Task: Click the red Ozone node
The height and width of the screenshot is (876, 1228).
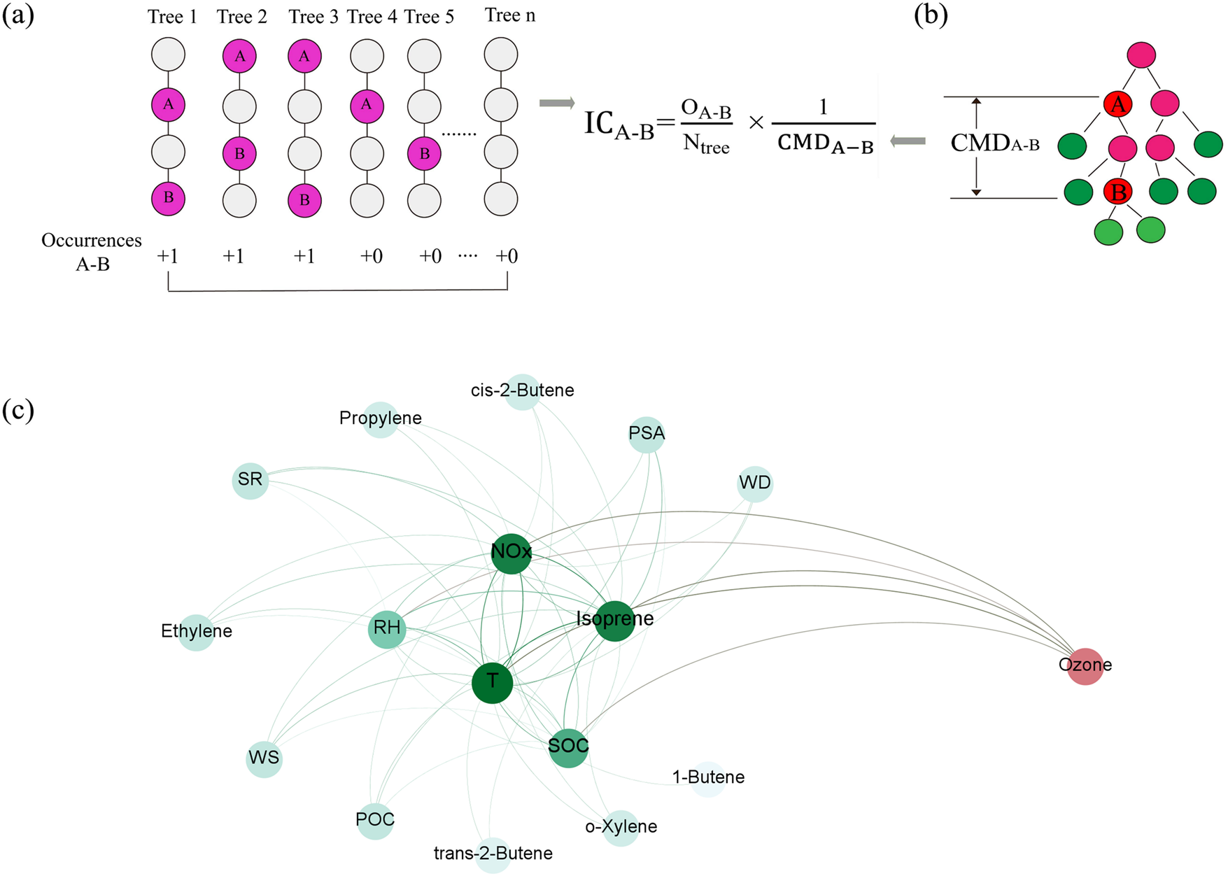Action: (x=1085, y=665)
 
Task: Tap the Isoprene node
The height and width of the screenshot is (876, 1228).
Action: (x=614, y=620)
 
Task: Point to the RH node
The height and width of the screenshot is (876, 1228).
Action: (x=387, y=628)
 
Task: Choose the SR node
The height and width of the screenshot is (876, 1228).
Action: (x=250, y=480)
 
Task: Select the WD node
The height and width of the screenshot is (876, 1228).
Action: (x=754, y=483)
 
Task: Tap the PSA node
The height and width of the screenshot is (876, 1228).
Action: (x=647, y=434)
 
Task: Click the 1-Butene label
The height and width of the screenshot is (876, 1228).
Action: (x=708, y=777)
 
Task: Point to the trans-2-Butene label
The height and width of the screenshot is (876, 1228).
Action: (x=493, y=854)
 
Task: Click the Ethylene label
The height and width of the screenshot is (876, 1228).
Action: (x=197, y=631)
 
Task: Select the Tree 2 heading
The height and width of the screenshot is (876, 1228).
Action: (x=242, y=17)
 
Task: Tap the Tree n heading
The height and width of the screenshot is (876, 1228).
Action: (x=510, y=15)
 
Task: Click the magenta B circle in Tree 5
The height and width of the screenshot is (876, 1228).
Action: (x=424, y=154)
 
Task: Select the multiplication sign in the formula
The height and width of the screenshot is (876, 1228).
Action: (x=756, y=123)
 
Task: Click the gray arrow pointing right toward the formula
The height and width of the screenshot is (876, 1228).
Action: (x=557, y=104)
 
